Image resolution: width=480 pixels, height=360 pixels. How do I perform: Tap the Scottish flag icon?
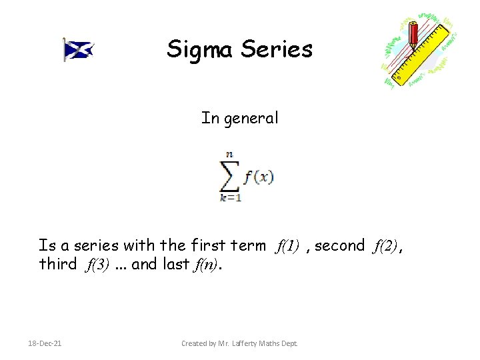(x=78, y=49)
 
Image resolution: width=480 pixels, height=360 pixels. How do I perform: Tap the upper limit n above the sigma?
(x=229, y=155)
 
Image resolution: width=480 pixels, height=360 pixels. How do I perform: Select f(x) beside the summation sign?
(x=258, y=178)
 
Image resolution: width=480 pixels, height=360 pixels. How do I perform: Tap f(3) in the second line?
(x=97, y=265)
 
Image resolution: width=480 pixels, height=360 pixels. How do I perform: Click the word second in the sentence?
(x=340, y=246)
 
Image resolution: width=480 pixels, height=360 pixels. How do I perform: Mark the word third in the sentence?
(x=58, y=264)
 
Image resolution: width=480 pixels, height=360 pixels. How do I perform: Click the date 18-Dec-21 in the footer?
(x=46, y=343)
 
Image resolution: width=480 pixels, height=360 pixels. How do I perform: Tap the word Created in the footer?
(x=197, y=343)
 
